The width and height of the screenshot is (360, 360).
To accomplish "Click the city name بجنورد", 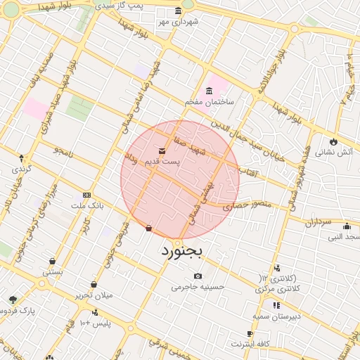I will point(181,250).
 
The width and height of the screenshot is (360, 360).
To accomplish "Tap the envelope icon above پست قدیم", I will point(162,150).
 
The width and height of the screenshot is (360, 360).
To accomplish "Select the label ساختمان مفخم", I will point(209,102).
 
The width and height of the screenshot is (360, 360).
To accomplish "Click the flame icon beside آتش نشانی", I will point(333,141).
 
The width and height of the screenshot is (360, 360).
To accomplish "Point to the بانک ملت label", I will point(87,205).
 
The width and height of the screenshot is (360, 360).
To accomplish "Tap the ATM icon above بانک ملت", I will point(86,195).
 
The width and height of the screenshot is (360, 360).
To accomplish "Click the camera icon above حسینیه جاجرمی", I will point(198,276).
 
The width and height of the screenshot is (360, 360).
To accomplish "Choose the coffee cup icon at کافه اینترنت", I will point(250,333).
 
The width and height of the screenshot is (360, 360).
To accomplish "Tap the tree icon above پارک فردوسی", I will point(13,300).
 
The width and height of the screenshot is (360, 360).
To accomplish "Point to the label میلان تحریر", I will point(94,295).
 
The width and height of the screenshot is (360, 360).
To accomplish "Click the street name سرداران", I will point(317,221).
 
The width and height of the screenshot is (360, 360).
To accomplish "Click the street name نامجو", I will point(62,151).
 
